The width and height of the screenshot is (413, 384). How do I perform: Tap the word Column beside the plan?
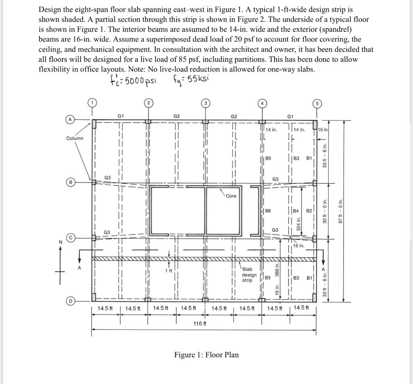(x=75, y=138)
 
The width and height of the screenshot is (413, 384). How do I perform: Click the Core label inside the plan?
(x=231, y=196)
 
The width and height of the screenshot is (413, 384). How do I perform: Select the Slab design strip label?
(x=249, y=275)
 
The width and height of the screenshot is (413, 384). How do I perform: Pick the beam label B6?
(x=268, y=211)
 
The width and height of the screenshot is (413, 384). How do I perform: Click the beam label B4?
(x=296, y=211)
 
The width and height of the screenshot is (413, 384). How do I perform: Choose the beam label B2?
(x=309, y=211)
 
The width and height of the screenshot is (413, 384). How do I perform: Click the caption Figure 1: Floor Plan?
(x=206, y=355)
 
